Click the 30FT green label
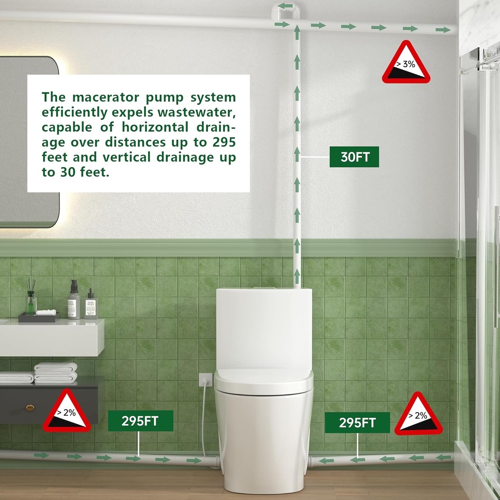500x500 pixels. (x=354, y=157)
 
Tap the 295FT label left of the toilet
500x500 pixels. (x=140, y=421)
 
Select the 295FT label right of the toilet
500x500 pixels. (x=357, y=422)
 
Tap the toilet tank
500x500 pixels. (x=264, y=327)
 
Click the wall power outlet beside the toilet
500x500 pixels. (x=206, y=379)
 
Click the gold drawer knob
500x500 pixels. (x=30, y=407)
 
